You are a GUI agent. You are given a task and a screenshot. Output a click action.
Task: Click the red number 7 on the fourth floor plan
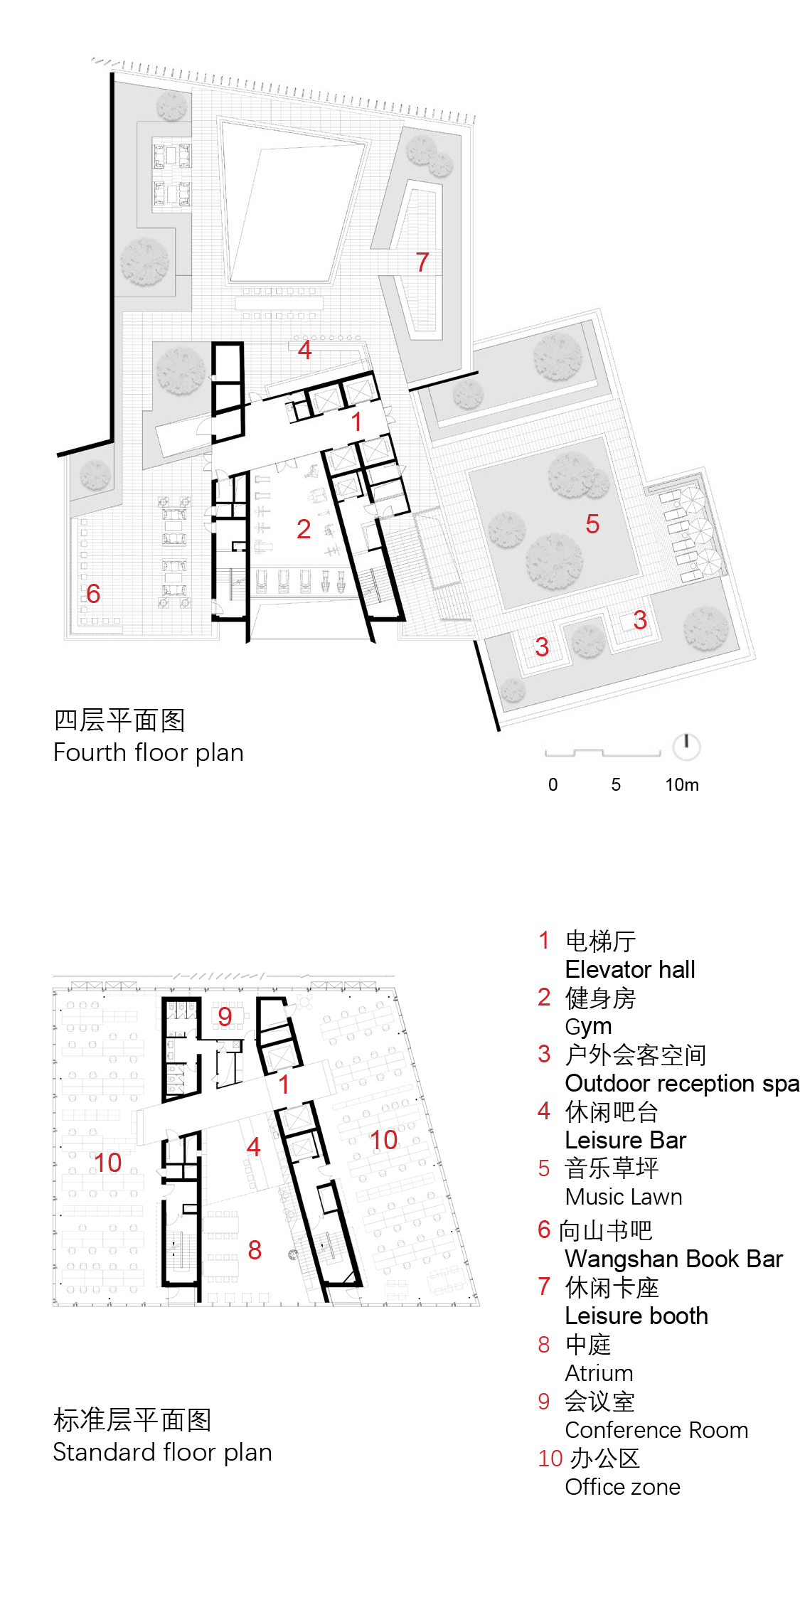coord(422,262)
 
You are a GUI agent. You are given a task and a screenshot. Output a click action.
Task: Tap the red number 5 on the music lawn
coord(592,524)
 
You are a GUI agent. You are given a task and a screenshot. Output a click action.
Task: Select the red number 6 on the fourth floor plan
coord(93,594)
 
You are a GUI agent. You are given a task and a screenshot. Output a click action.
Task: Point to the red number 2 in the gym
coord(304,529)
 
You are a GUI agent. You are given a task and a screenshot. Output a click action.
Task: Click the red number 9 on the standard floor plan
coord(225,1017)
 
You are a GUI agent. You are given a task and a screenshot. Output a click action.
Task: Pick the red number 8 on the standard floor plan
coord(255,1249)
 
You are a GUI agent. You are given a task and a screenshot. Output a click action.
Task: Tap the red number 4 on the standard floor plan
coord(254,1147)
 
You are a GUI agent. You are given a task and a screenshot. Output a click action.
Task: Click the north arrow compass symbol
coord(686,747)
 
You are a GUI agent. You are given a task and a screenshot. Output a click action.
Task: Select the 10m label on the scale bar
coord(682,784)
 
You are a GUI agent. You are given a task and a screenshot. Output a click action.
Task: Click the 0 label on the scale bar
coord(553,784)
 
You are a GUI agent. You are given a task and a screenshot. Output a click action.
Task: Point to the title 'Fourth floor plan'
coord(149,752)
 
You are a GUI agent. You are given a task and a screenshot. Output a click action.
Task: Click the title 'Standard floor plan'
coord(163,1452)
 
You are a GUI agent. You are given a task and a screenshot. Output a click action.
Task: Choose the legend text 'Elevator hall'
coord(630,969)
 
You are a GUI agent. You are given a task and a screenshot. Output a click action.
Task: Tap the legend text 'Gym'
coord(588,1027)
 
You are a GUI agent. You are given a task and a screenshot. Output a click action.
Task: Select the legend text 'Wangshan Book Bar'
coord(674,1259)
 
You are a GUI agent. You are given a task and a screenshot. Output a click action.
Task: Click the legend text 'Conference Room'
coord(656,1430)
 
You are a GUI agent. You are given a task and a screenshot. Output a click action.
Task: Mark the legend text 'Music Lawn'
coord(624,1197)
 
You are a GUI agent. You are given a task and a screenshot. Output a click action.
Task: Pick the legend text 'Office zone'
coord(623,1487)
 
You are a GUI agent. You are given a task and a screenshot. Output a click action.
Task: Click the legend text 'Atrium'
coord(599,1373)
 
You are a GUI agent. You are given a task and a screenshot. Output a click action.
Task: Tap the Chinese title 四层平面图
coord(119,720)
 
